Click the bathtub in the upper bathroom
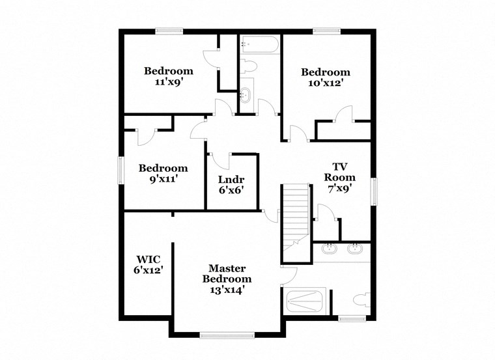tap(259, 44)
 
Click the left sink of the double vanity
tap(329, 249)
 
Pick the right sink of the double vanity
tap(355, 249)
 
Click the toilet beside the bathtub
tap(247, 67)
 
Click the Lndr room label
tap(231, 180)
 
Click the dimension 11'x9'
tap(168, 82)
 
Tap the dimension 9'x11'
tap(163, 179)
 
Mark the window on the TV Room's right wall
tap(375, 193)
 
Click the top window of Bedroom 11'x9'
tap(168, 30)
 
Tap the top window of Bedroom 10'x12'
tap(325, 30)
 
